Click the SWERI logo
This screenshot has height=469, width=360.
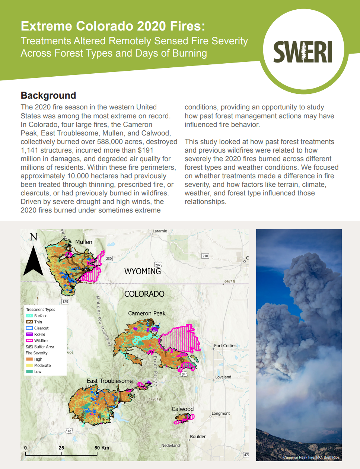[303, 52]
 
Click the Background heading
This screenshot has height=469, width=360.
[48, 96]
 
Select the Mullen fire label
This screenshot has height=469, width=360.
[84, 242]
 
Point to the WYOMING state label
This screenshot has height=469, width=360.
[143, 271]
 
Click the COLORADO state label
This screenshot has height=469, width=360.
[144, 294]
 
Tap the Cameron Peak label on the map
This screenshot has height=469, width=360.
[147, 313]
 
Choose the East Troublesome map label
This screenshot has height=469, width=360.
[109, 381]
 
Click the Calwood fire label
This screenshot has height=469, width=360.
[182, 409]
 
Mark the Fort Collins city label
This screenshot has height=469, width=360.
[225, 346]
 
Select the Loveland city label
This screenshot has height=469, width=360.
[223, 377]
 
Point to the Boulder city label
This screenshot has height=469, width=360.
[198, 437]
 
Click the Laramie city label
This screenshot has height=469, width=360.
[160, 231]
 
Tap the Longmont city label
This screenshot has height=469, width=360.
[221, 414]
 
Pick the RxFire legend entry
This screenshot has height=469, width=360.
[39, 334]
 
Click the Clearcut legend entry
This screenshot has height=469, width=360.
[41, 328]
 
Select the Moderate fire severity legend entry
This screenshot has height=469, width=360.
[42, 366]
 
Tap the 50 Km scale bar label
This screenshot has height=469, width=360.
[102, 448]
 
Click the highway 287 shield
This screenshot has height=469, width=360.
[158, 265]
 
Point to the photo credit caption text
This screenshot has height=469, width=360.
[311, 457]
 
